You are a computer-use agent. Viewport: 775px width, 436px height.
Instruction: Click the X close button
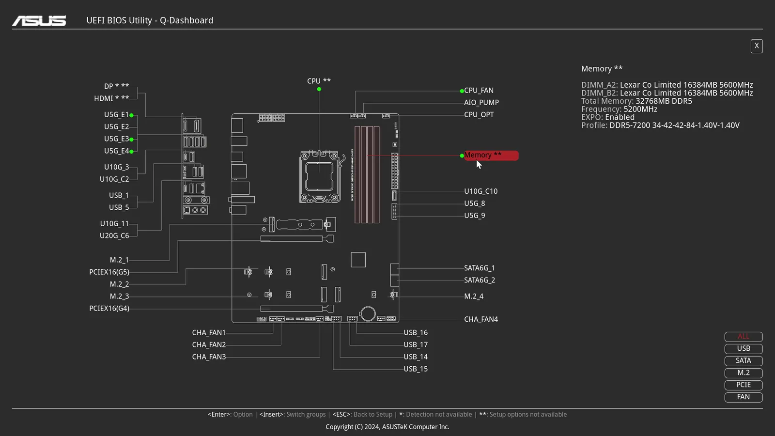[x=757, y=46]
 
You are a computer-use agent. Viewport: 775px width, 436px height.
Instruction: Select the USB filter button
[x=744, y=348]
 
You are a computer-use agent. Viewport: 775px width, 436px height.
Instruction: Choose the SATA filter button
[x=744, y=360]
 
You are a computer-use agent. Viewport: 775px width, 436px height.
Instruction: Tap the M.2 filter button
[x=744, y=373]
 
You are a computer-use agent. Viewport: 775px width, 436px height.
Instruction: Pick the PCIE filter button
[x=744, y=385]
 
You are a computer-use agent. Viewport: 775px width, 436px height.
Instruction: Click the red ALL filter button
[x=744, y=336]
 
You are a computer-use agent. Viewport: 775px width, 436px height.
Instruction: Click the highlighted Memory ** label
[x=491, y=156]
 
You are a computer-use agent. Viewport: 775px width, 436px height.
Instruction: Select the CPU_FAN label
[x=479, y=90]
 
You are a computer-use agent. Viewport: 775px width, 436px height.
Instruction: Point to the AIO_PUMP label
[x=481, y=102]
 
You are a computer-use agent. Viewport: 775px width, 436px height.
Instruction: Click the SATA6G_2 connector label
[x=480, y=280]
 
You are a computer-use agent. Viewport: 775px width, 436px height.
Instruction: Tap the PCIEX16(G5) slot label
[x=109, y=272]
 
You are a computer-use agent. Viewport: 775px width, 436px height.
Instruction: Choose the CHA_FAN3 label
[x=209, y=357]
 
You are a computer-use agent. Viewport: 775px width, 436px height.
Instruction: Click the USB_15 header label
[x=416, y=369]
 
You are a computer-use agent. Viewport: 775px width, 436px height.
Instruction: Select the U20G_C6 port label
[x=114, y=235]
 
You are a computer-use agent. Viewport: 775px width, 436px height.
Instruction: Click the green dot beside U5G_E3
[x=131, y=140]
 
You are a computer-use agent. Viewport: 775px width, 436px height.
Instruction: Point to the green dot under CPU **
[x=319, y=89]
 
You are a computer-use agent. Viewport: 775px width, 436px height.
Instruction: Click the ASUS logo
[x=39, y=21]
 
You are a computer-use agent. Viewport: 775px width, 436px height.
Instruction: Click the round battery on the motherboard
[x=368, y=314]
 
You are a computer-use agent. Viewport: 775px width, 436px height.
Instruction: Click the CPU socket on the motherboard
[x=320, y=176]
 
